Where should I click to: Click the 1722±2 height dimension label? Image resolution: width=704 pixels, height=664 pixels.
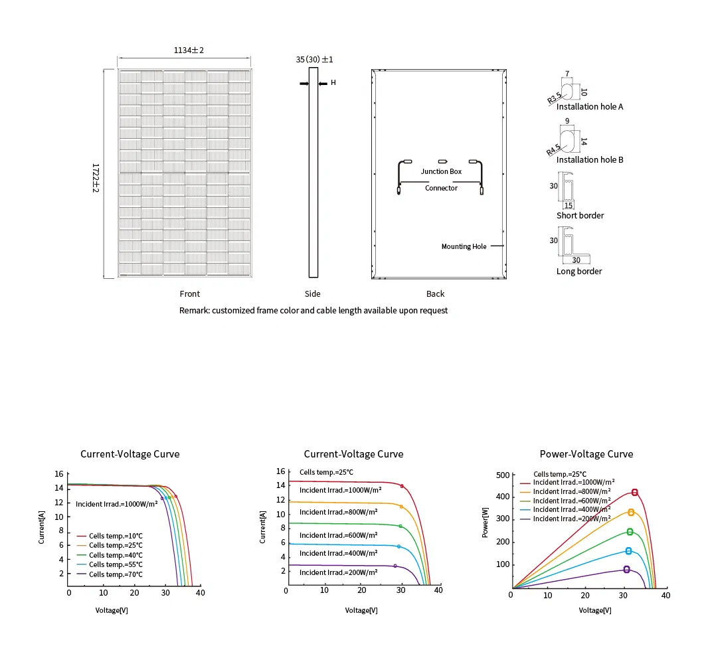96,178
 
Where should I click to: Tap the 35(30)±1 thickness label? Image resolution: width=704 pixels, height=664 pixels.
314,60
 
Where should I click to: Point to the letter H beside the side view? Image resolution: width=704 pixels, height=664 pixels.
333,83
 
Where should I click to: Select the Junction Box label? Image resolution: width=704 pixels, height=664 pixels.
441,171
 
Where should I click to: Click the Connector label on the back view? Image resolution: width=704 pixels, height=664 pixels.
441,188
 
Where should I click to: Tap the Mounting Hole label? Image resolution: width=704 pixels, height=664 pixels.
464,246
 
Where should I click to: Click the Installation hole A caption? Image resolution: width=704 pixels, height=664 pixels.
589,106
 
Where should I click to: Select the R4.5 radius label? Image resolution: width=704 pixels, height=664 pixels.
553,150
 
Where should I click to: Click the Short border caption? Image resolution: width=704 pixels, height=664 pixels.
580,215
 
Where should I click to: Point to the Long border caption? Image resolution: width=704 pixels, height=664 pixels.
579,271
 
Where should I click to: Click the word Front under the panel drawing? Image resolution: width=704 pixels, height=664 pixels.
189,293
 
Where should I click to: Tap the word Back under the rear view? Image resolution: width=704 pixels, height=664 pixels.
435,293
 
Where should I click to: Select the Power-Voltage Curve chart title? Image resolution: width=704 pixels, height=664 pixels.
586,454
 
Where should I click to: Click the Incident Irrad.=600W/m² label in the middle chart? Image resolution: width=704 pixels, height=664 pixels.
338,535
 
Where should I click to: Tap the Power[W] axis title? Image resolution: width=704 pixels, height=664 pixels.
485,522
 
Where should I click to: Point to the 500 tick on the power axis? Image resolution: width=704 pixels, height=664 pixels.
502,475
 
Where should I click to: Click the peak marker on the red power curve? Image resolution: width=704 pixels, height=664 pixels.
634,492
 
